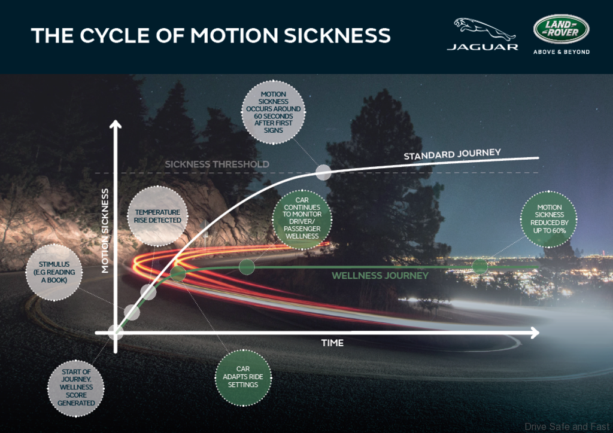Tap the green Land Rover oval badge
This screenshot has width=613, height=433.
point(561,29)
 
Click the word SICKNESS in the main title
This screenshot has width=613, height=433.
point(337,35)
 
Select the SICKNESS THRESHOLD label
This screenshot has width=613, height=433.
point(217,164)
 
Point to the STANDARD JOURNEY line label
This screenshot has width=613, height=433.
point(452,155)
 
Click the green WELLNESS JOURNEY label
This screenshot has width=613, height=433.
point(380,276)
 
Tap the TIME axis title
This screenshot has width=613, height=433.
point(332,343)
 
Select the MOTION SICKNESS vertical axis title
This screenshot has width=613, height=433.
point(105,231)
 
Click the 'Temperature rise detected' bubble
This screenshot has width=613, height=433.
point(157,216)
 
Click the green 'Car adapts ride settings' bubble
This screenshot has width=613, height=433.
point(242,377)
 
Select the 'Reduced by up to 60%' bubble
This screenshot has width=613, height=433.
point(549,219)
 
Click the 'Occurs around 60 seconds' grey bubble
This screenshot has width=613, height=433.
point(274,112)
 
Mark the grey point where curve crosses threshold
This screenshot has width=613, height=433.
point(323,172)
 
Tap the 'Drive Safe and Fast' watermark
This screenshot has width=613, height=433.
point(566,426)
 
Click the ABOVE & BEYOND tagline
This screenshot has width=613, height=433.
point(561,52)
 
